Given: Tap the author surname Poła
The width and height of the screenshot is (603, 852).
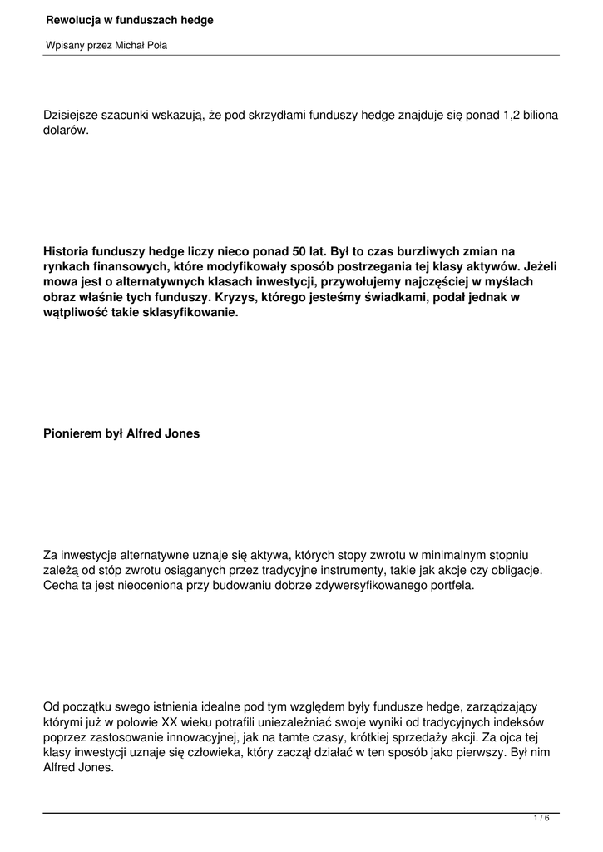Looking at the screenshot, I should pyautogui.click(x=156, y=45).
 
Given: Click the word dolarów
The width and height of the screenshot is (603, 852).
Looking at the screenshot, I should pyautogui.click(x=65, y=131).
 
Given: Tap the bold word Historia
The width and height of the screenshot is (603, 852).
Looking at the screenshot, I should pyautogui.click(x=67, y=250).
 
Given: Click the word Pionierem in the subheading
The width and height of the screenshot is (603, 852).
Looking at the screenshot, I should pyautogui.click(x=72, y=433).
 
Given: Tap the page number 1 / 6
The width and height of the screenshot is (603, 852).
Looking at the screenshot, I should pyautogui.click(x=541, y=819).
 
